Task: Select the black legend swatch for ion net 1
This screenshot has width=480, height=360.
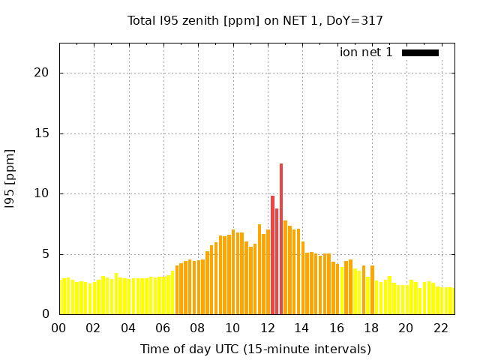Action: (420, 52)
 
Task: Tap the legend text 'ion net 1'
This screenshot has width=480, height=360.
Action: (366, 52)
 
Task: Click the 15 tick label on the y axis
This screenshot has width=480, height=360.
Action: (43, 133)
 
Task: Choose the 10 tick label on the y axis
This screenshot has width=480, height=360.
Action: (43, 193)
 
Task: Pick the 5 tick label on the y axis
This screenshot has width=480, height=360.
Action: (46, 254)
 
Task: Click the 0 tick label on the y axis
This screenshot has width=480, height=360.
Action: (46, 314)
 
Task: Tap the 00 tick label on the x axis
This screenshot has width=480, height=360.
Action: (59, 328)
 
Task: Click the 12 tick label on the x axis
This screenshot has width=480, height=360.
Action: (268, 328)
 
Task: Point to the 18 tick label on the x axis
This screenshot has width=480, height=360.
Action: (371, 328)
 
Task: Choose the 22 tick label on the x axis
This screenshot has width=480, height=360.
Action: (441, 328)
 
